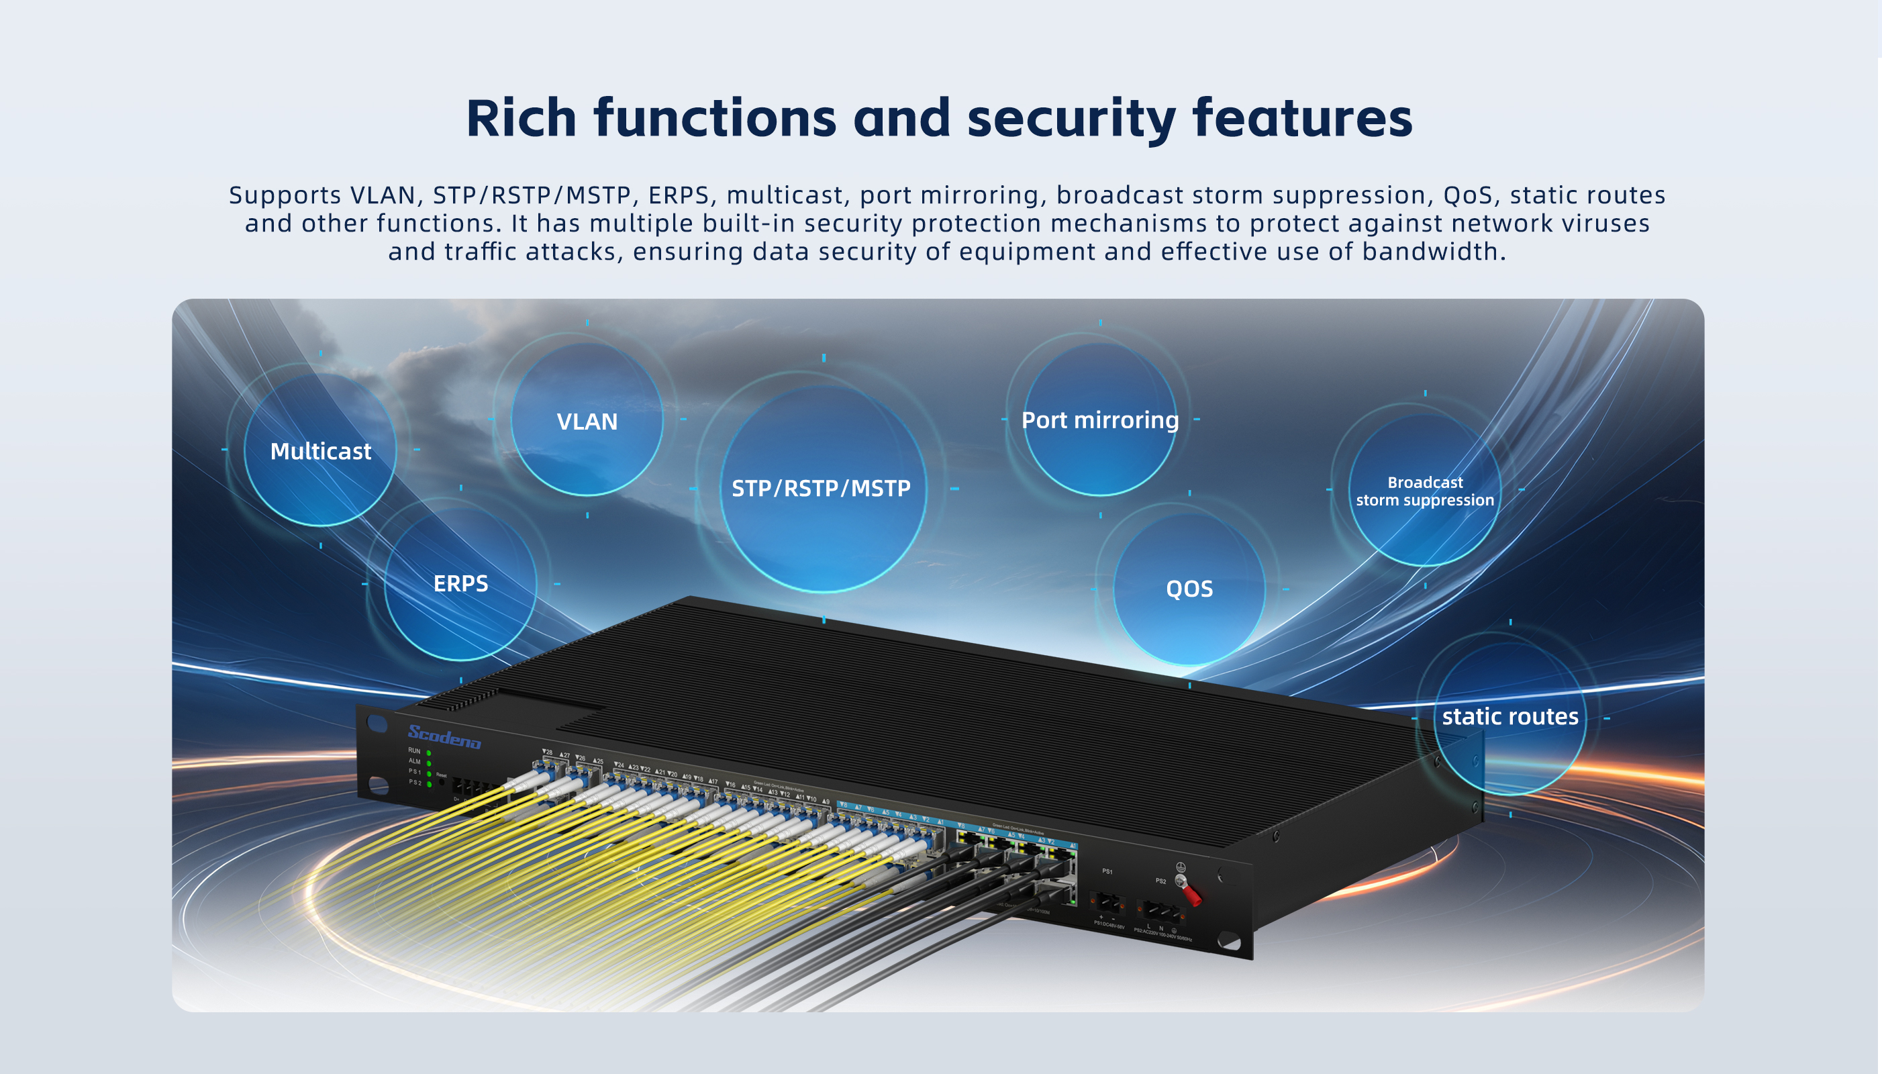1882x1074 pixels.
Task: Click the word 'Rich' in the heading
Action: pyautogui.click(x=521, y=118)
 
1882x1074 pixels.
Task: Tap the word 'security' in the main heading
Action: pyautogui.click(x=1071, y=118)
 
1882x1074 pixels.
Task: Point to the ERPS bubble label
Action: pyautogui.click(x=460, y=583)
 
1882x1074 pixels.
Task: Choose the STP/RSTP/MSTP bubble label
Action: pyautogui.click(x=821, y=488)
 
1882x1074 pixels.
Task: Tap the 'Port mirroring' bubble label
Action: pyautogui.click(x=1099, y=420)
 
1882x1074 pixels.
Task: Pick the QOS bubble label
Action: pyautogui.click(x=1189, y=589)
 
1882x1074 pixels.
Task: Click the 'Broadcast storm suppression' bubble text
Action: pyautogui.click(x=1424, y=491)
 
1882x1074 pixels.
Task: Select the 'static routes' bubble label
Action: pyautogui.click(x=1509, y=716)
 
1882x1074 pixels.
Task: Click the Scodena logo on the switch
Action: pyautogui.click(x=444, y=736)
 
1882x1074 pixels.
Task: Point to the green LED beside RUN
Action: pyautogui.click(x=428, y=753)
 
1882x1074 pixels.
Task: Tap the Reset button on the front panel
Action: pyautogui.click(x=442, y=783)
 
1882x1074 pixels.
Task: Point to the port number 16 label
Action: pyautogui.click(x=730, y=784)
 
